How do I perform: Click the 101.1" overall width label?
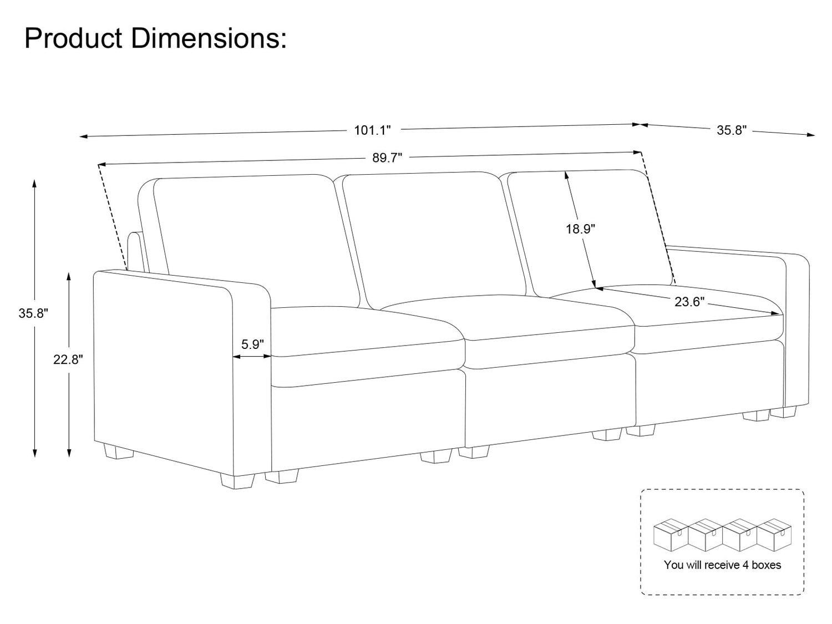tap(372, 130)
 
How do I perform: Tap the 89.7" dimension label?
tap(387, 158)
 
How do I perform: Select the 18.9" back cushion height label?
tap(580, 229)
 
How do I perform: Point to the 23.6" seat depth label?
tap(689, 302)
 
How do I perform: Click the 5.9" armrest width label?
tap(252, 344)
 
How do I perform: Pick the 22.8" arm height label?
tap(68, 359)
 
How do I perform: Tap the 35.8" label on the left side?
tap(33, 313)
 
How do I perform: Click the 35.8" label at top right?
tap(732, 130)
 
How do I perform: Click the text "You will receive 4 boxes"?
tap(723, 565)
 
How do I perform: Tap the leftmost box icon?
tap(671, 535)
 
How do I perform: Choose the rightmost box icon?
tap(774, 535)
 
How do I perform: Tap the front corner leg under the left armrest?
tap(237, 481)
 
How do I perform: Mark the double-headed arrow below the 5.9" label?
tap(252, 356)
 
